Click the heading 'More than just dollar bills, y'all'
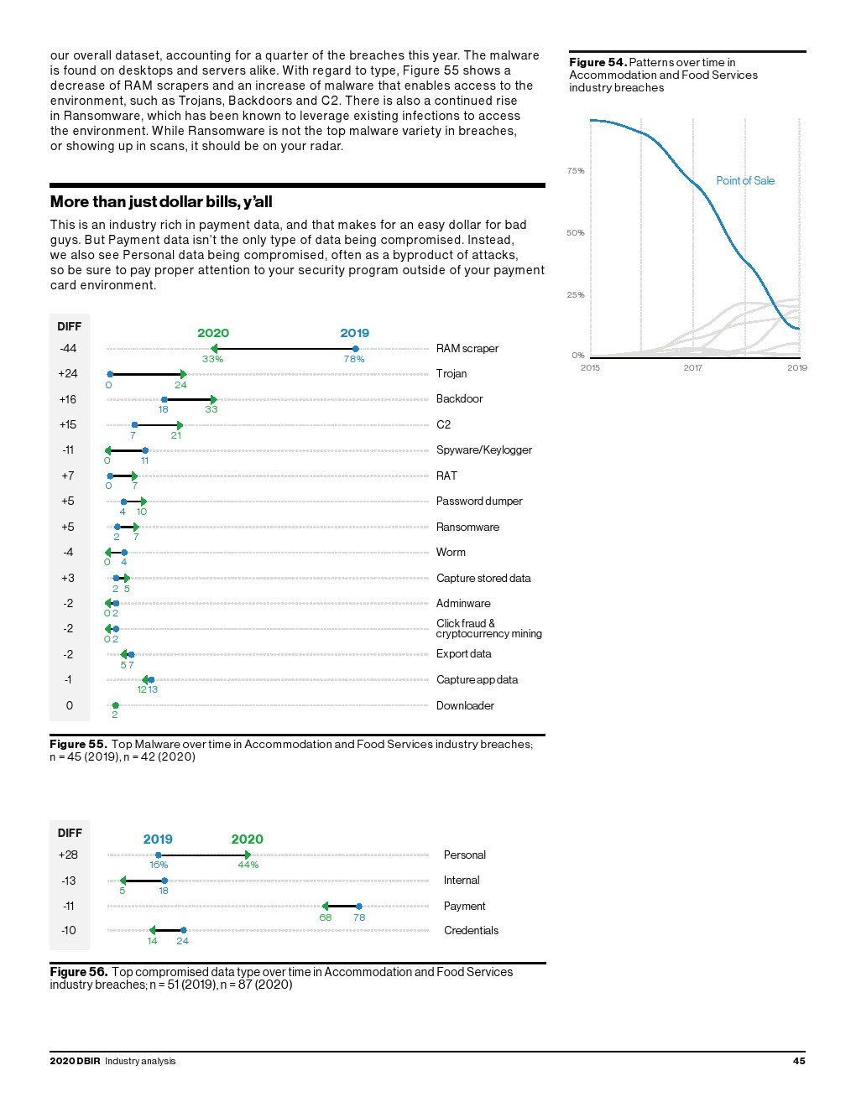161,202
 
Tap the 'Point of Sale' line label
745,180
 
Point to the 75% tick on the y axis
576,171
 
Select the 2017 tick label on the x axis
692,367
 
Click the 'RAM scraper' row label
467,349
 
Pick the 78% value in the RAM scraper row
354,359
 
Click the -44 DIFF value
68,349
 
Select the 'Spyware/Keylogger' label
484,450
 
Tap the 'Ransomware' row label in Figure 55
467,528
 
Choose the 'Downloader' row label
465,706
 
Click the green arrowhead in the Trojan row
182,374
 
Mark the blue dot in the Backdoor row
164,400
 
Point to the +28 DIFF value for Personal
68,855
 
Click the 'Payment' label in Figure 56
465,907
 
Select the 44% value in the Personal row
248,865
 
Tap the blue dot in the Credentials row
183,930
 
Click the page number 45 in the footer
799,1061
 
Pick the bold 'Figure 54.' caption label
598,62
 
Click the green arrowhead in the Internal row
123,881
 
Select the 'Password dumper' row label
479,502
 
